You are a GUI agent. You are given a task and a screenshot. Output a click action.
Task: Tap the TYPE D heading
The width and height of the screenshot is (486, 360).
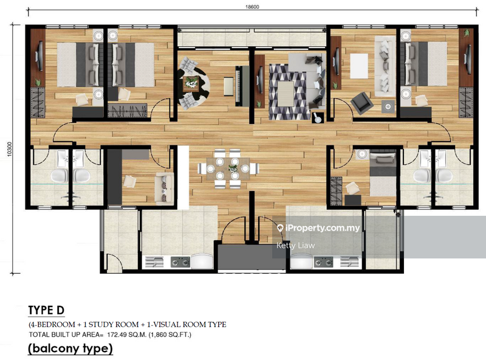point(46,310)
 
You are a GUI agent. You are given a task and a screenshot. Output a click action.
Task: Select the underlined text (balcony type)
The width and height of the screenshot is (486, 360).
point(70,348)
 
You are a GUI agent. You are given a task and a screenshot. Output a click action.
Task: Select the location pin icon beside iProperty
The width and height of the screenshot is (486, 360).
point(280,229)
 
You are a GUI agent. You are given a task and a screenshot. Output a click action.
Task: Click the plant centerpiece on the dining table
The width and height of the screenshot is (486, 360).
point(233,165)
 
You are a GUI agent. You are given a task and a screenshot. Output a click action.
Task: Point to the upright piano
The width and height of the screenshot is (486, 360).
point(230,85)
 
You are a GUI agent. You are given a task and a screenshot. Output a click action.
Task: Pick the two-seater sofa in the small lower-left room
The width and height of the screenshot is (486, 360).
point(161,186)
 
